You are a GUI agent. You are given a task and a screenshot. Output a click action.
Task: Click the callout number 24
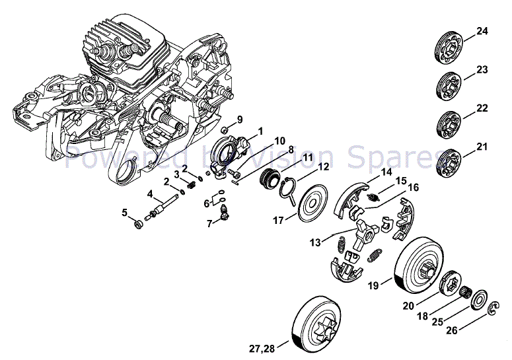(482, 31)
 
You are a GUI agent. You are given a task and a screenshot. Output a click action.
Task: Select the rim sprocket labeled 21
(451, 161)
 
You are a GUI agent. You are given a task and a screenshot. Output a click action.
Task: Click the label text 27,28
(264, 348)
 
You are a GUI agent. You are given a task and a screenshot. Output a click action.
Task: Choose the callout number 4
(151, 194)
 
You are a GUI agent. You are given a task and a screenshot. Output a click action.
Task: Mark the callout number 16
(414, 188)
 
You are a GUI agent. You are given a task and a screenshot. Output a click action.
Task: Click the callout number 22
(482, 108)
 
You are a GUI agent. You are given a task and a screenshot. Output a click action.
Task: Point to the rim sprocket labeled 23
(451, 84)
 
